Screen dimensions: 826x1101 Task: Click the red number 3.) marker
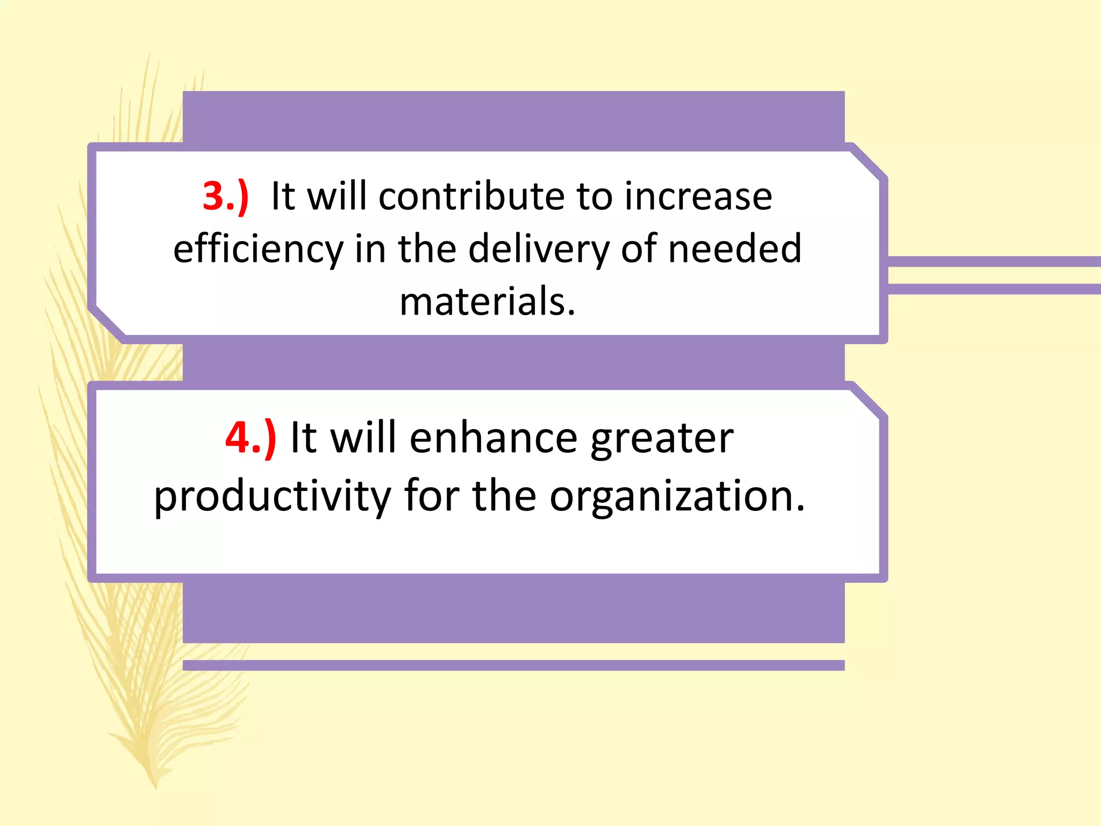point(225,196)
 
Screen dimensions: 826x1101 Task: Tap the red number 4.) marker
point(251,438)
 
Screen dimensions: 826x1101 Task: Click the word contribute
point(471,196)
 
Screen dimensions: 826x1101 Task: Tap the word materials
point(487,301)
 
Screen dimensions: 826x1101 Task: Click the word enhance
point(493,438)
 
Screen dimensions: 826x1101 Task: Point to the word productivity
point(272,496)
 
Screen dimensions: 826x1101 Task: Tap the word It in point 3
point(283,196)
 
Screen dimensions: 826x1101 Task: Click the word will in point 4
point(363,438)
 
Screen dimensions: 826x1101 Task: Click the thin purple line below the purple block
point(513,665)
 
